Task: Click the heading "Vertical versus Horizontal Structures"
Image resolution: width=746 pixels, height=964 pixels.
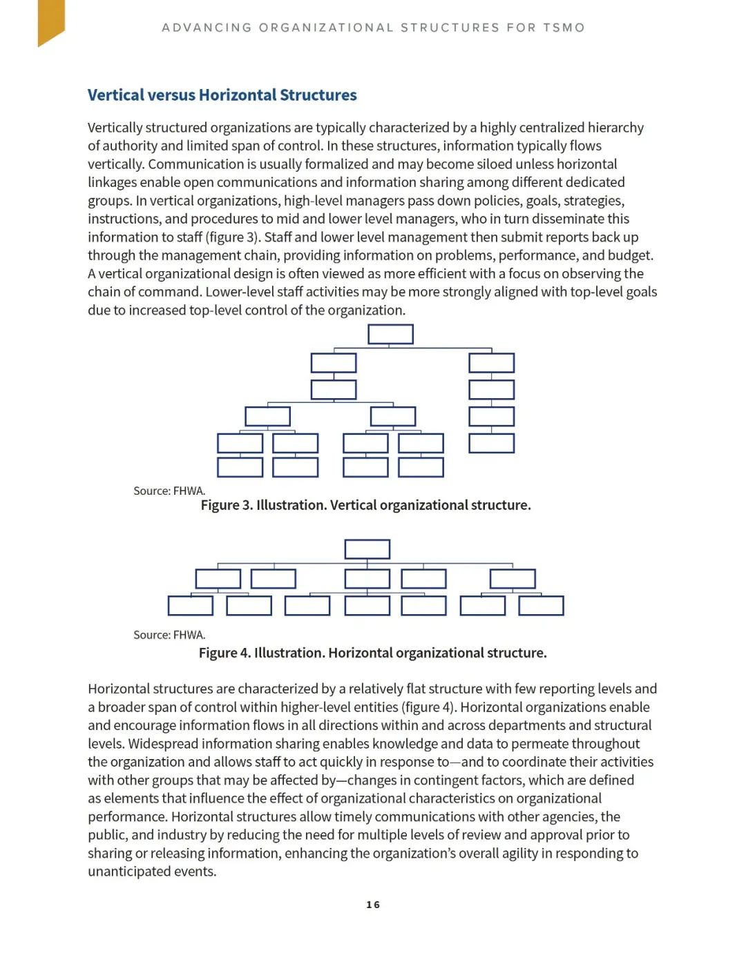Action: [x=222, y=95]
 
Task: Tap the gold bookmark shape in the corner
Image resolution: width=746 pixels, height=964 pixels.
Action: [x=50, y=21]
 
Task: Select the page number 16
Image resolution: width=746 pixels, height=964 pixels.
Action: [x=373, y=905]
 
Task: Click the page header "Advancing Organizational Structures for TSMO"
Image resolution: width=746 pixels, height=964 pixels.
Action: [x=373, y=28]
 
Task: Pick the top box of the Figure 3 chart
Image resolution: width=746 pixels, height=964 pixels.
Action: [x=390, y=334]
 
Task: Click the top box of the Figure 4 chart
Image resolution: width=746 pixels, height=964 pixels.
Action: [x=367, y=549]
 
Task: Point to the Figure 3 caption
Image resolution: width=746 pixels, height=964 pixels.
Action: [x=365, y=505]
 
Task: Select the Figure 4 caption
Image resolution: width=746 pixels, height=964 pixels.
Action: [x=372, y=653]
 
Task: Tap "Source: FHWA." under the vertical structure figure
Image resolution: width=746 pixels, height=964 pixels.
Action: [x=169, y=491]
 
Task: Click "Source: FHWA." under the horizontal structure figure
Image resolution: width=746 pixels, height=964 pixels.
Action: [x=169, y=635]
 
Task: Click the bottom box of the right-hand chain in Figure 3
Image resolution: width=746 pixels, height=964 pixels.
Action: [x=491, y=443]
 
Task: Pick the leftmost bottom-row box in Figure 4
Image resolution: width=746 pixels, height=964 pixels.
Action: [x=191, y=606]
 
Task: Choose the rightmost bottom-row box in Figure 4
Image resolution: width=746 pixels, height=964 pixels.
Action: [x=541, y=606]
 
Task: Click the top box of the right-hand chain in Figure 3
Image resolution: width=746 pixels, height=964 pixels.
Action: [x=491, y=363]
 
